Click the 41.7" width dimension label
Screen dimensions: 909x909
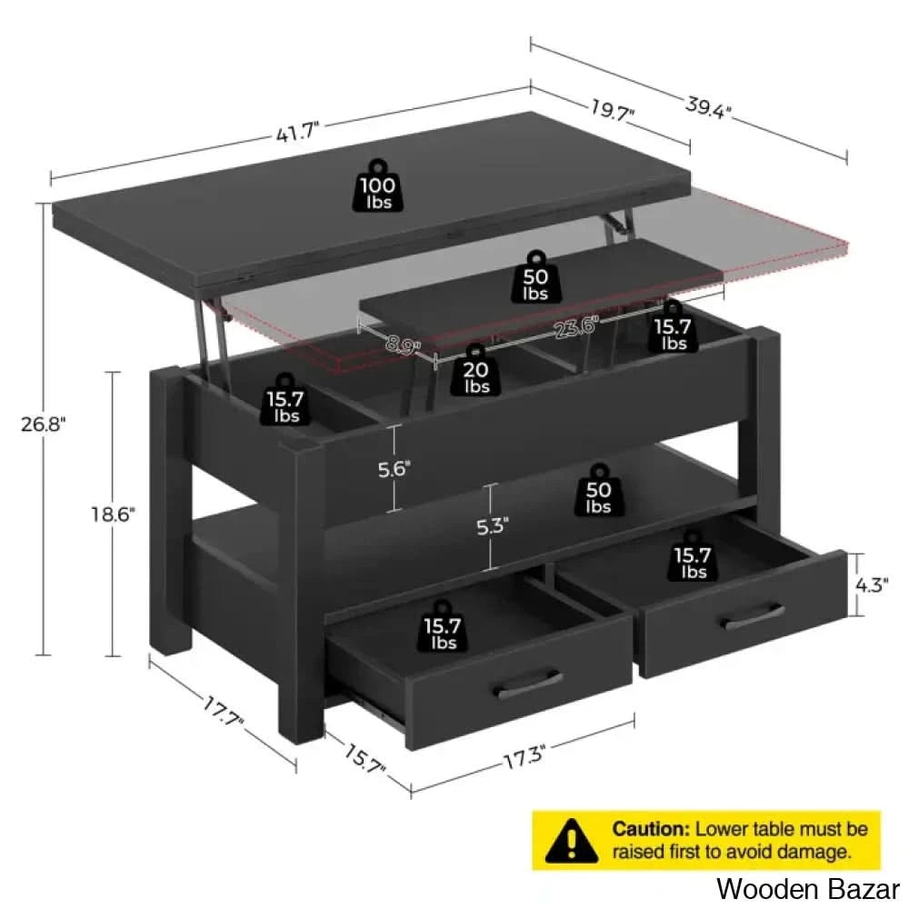pos(297,133)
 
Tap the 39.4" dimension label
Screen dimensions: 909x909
pos(708,107)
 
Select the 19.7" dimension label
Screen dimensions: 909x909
pos(613,109)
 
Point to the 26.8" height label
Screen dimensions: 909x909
pos(44,425)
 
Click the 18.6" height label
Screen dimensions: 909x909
pos(113,514)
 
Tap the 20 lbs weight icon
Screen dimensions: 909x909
pos(476,370)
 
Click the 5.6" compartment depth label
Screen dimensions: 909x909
pos(395,469)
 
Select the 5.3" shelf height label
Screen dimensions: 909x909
pos(492,526)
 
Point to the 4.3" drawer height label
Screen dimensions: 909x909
pos(872,585)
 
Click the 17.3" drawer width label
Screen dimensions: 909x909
pos(524,758)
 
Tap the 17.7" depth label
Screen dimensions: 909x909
pos(224,712)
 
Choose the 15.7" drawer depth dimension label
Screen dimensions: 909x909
pos(365,759)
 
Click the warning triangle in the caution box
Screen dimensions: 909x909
pos(571,840)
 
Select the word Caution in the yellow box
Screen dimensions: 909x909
pos(651,829)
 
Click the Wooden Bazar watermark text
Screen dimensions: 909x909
pos(808,889)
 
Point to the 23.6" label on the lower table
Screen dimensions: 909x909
pos(575,327)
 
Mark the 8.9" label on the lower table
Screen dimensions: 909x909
pos(403,345)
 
